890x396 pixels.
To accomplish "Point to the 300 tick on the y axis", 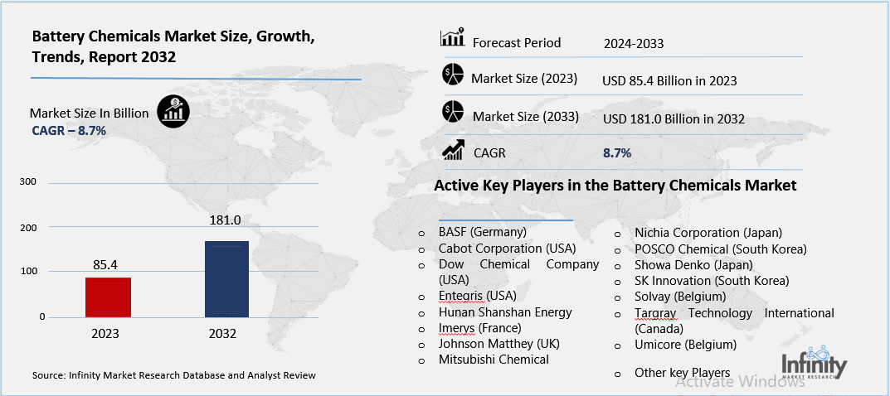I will (27, 181).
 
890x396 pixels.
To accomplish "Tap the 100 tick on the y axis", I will (27, 272).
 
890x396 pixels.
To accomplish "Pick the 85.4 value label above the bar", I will (105, 265).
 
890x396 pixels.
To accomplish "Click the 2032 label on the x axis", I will (222, 334).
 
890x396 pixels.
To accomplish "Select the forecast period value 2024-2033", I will (635, 43).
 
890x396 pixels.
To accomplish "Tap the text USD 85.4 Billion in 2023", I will (669, 81).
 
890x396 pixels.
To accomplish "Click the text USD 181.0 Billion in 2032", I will (674, 119).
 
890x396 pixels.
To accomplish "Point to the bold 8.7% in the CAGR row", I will (617, 153).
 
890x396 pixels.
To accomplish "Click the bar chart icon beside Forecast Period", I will (452, 39).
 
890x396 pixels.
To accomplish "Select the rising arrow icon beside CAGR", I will (453, 149).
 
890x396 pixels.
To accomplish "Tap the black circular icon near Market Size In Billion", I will (173, 111).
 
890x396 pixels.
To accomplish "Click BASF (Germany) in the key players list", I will (483, 233).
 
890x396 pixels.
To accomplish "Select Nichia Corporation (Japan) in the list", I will (708, 233).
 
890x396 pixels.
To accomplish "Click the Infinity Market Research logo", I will (815, 367).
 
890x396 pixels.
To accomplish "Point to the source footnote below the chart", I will (174, 375).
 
